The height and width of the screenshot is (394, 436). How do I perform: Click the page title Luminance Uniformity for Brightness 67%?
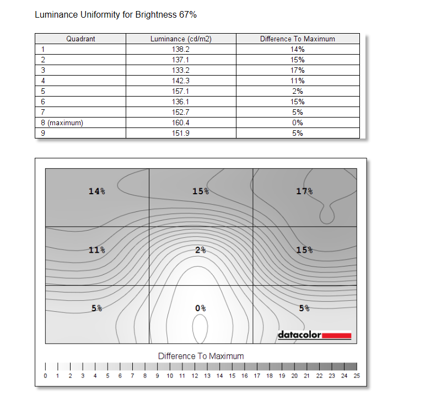pos(116,15)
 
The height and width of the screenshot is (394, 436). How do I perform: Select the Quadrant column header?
pos(80,39)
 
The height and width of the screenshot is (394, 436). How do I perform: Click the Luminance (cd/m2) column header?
pos(181,39)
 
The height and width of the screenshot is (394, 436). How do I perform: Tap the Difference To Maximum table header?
pos(298,39)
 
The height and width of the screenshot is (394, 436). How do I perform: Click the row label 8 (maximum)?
pos(62,123)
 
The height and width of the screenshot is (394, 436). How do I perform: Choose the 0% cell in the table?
pos(298,123)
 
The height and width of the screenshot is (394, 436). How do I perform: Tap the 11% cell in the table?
pos(298,81)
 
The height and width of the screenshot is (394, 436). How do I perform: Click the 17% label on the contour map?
pos(304,191)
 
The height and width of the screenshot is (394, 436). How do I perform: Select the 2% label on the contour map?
pos(201,250)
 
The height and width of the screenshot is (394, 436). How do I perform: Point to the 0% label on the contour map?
pos(201,308)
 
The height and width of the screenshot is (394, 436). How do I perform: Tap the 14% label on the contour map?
pos(96,191)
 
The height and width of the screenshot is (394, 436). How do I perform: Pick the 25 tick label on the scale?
pos(357,376)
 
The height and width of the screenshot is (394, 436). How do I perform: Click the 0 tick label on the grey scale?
pos(45,376)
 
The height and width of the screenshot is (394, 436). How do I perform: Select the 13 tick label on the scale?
pos(207,376)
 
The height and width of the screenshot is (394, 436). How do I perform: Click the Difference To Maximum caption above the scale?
pos(201,356)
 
